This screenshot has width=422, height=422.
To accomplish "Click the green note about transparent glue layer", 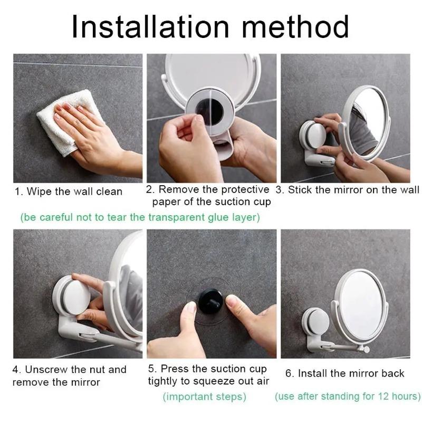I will (x=140, y=217).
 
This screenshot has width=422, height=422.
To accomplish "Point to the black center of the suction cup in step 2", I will (x=209, y=112).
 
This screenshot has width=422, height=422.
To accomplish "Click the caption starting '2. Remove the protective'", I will (x=208, y=195).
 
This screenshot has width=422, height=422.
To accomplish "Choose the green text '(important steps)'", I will (x=204, y=397).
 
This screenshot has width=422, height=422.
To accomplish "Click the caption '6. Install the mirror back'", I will (x=344, y=373).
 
